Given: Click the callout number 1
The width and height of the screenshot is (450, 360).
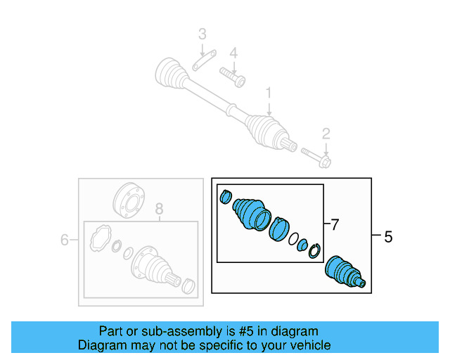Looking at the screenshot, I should [268, 92].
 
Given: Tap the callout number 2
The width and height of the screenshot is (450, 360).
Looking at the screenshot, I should [326, 133].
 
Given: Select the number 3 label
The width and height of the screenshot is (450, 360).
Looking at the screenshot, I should [202, 34].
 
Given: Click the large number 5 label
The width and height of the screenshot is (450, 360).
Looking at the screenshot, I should [388, 238].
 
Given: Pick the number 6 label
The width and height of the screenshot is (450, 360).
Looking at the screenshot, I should [64, 240].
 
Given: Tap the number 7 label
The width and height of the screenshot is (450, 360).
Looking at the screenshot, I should [335, 225].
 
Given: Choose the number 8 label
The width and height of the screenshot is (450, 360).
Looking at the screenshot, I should [159, 208].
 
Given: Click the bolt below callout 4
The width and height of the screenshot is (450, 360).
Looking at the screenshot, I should [232, 75].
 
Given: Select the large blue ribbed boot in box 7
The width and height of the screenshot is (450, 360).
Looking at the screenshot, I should [250, 212].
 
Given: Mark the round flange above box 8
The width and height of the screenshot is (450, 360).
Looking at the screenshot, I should [127, 200].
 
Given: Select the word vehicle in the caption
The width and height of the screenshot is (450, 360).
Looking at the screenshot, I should [308, 345].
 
